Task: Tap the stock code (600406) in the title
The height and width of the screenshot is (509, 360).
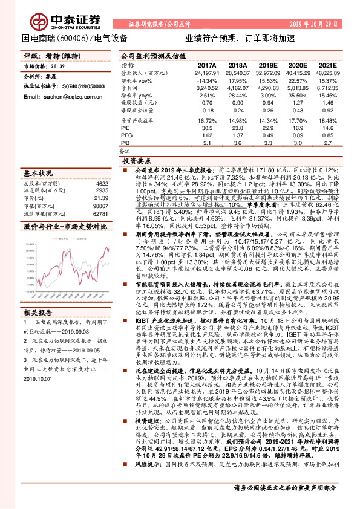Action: pyautogui.click(x=74, y=38)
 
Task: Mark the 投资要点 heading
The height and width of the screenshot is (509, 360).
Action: pyautogui.click(x=136, y=162)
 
